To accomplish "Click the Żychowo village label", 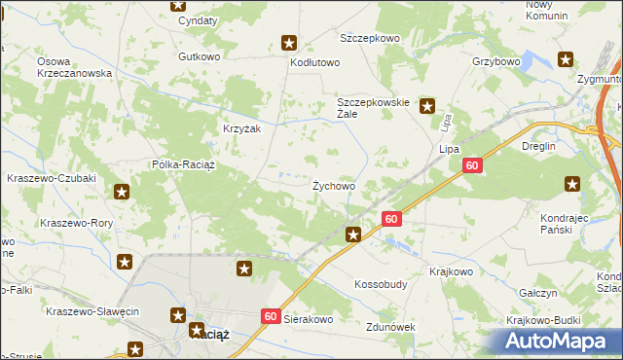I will [x=333, y=185].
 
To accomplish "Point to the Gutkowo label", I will [x=199, y=56].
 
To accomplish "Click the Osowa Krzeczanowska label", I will [x=75, y=67].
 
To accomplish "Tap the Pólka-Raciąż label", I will [x=189, y=165].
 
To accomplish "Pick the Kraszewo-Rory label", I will [x=72, y=222].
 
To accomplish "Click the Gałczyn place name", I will [x=537, y=293].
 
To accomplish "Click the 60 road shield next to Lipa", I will [x=472, y=167].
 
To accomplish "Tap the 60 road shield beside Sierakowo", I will [x=271, y=316].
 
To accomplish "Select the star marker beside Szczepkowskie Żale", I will [x=426, y=106].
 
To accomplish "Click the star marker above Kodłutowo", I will [x=289, y=42].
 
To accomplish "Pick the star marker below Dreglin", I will [x=572, y=183].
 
